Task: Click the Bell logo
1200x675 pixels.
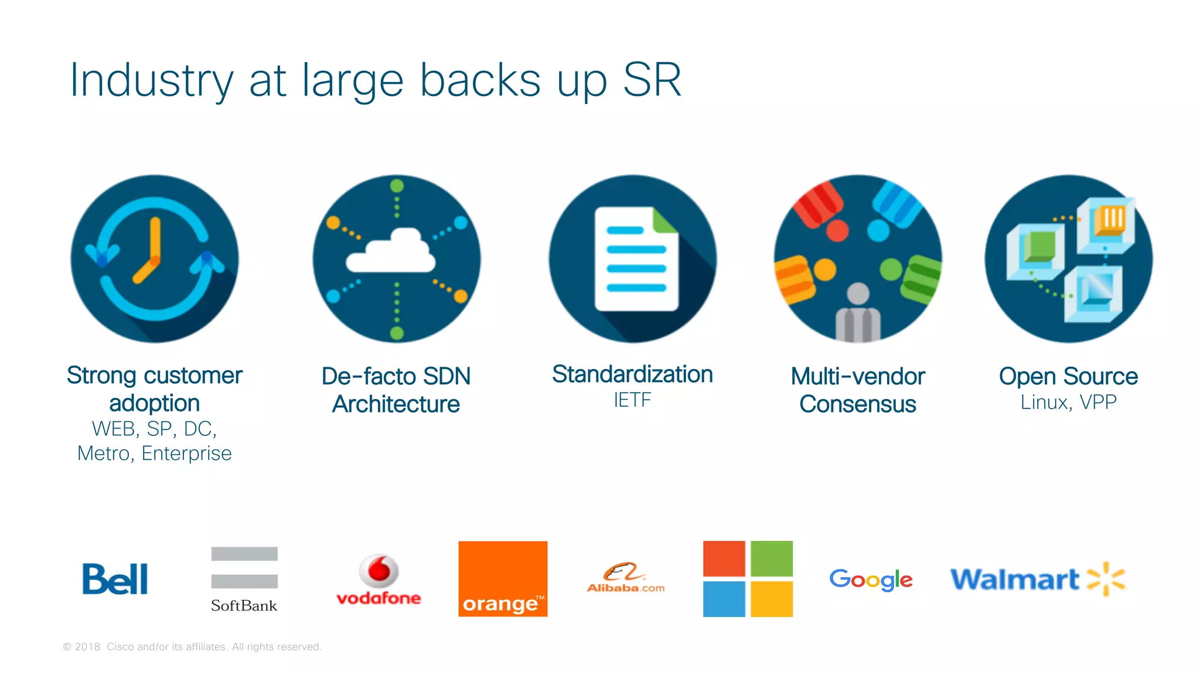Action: pos(115,579)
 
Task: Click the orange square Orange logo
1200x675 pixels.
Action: pos(503,578)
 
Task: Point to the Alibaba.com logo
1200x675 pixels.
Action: pos(626,579)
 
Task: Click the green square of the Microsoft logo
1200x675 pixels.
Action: pos(771,558)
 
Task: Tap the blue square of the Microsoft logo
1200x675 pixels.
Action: pos(724,599)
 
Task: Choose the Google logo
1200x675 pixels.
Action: pos(871,579)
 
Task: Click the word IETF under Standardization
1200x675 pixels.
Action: pos(632,400)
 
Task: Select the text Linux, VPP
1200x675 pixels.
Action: pos(1068,403)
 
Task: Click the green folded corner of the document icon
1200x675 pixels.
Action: pos(664,222)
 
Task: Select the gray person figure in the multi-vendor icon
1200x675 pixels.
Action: pos(858,313)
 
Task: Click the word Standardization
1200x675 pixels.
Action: pos(632,374)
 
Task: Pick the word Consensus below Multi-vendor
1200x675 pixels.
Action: pos(857,404)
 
